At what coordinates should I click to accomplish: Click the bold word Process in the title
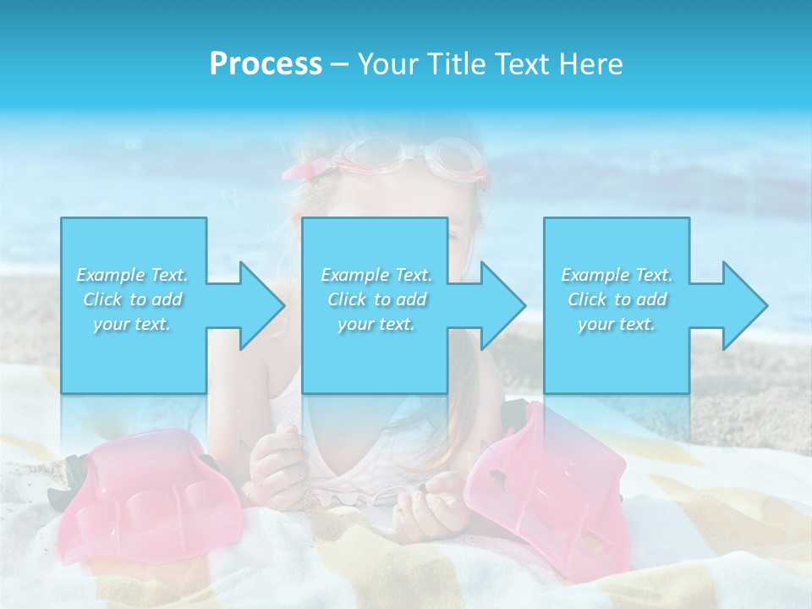(266, 64)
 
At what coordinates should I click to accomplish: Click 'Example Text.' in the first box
(133, 275)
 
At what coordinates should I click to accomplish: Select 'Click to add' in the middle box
(376, 299)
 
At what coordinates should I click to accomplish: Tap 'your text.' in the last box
(617, 324)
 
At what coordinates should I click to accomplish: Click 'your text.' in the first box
(133, 324)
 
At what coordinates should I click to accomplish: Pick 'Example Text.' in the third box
(617, 275)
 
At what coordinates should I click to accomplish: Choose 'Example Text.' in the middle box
(376, 275)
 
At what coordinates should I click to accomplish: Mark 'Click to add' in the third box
(617, 299)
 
